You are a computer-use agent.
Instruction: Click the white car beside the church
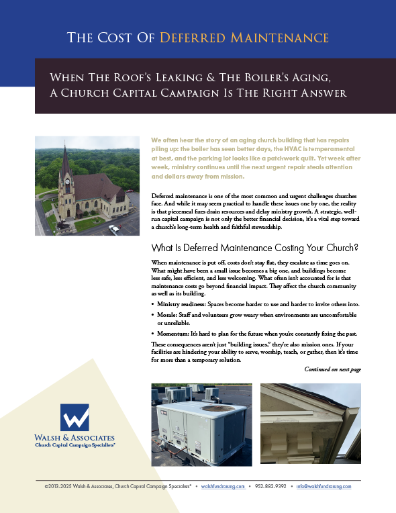click(113, 229)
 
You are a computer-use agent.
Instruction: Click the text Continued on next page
click(332, 369)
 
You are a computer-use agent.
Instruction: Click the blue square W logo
click(75, 417)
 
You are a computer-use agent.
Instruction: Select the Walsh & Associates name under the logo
click(75, 437)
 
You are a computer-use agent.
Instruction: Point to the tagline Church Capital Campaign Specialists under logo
click(75, 445)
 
